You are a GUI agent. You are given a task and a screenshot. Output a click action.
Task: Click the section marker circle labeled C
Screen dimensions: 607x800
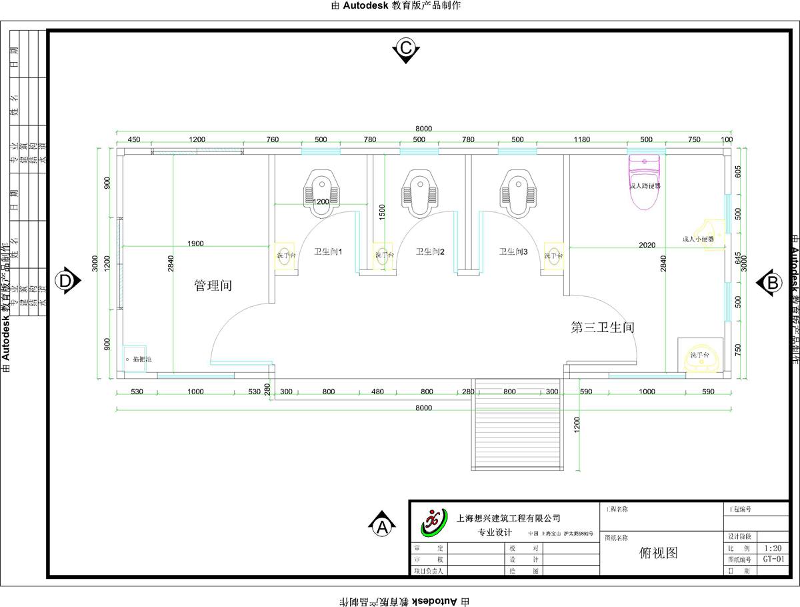405,48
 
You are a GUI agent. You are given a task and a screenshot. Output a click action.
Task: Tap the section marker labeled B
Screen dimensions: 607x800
772,282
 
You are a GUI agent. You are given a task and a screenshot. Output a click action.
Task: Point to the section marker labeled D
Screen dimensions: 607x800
65,281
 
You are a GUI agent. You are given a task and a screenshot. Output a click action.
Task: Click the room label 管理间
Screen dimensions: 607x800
213,285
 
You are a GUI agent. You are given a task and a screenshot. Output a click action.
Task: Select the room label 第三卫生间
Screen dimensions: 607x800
602,328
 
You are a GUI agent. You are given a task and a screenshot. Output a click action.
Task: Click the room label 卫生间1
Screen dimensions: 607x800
328,251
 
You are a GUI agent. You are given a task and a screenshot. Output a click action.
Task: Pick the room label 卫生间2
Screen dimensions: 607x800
430,251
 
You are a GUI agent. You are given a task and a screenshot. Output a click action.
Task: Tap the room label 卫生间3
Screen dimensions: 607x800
514,251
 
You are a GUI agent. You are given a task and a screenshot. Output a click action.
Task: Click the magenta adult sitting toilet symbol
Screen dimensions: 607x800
644,182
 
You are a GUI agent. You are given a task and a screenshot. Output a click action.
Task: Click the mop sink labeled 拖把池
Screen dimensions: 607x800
135,359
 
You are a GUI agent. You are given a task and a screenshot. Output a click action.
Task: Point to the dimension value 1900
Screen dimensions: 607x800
195,243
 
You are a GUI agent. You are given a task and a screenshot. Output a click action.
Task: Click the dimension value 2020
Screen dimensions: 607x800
646,245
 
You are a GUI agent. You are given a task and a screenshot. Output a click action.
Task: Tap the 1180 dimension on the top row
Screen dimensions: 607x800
582,139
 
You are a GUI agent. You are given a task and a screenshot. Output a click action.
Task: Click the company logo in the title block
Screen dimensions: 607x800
434,522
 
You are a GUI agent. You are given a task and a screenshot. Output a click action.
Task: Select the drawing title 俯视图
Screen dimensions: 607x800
658,552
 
